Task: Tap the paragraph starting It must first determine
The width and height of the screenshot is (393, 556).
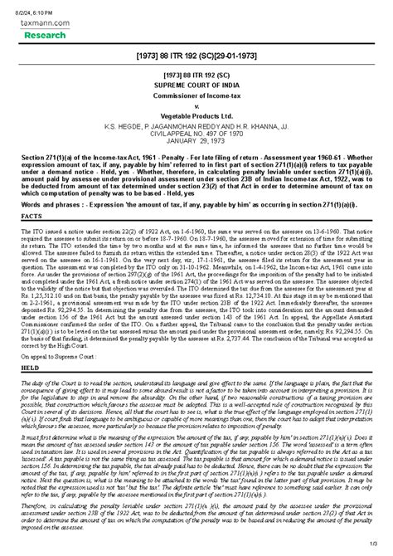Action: click(x=196, y=456)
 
